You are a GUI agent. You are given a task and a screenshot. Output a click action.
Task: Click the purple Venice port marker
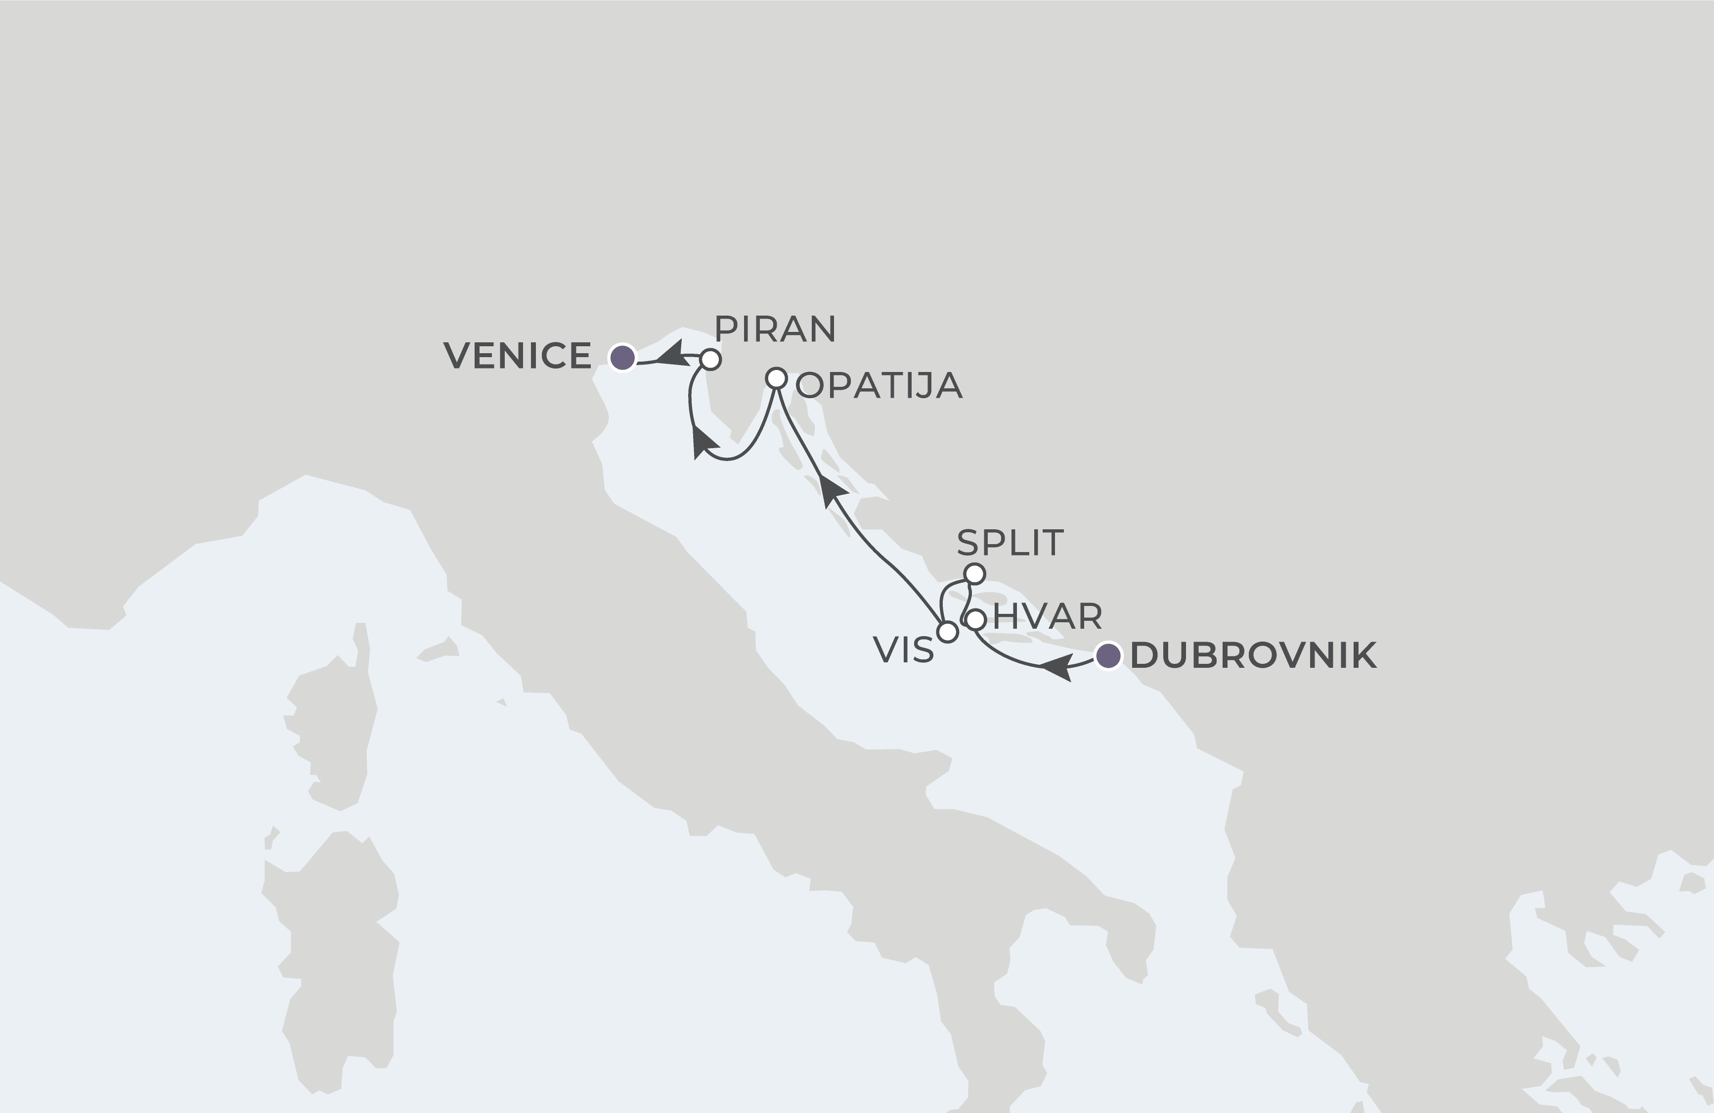point(622,357)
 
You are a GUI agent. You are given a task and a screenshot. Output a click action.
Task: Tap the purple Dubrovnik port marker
point(1107,655)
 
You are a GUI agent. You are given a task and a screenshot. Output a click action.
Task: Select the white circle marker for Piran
point(710,360)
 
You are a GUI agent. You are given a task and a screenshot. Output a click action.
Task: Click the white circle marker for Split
point(974,574)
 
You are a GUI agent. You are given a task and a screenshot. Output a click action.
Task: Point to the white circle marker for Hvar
point(975,619)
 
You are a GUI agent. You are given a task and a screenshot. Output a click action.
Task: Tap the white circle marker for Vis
point(948,632)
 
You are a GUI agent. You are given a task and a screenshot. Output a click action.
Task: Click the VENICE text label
point(517,356)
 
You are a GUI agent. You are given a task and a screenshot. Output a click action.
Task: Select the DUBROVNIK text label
point(1253,655)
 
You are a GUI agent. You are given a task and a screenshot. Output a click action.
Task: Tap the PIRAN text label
point(775,329)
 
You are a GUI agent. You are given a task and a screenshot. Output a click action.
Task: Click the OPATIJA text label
point(879,386)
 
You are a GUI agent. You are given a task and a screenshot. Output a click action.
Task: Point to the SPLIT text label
point(1010,543)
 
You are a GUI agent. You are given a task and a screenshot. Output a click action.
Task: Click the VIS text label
point(903,650)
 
